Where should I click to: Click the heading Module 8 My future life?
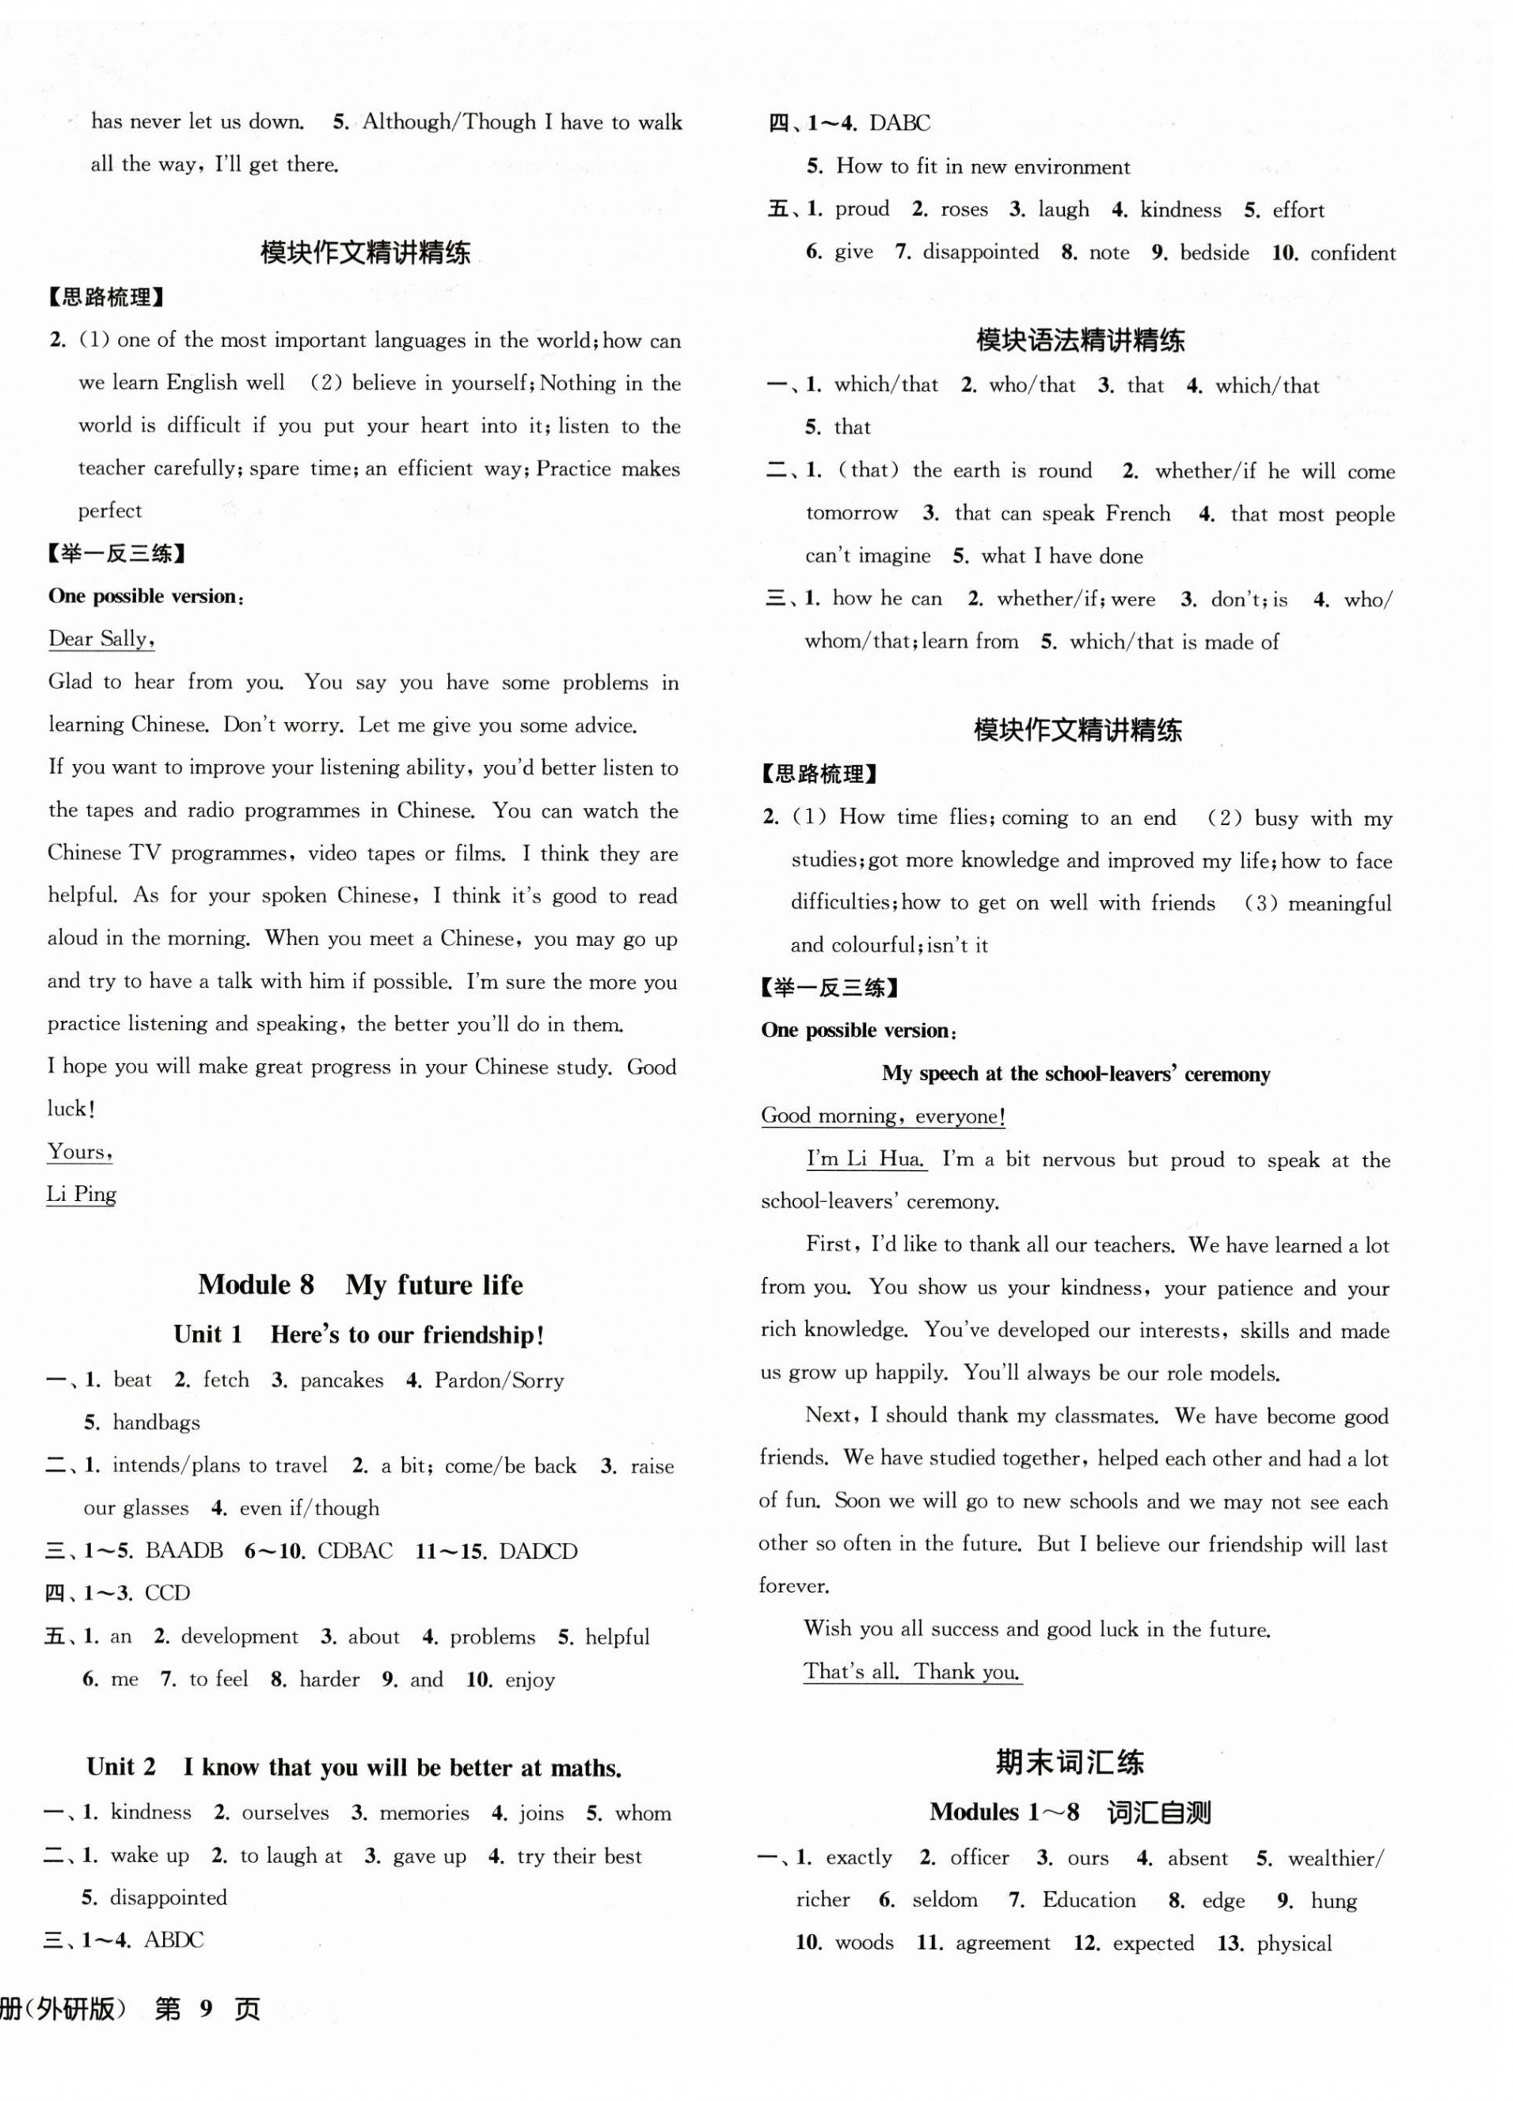click(359, 1285)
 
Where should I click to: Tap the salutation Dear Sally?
click(100, 638)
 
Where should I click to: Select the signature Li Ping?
click(82, 1194)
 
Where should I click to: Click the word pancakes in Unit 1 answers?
click(341, 1381)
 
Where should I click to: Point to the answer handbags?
click(156, 1422)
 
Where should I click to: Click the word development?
click(239, 1637)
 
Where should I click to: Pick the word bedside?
click(1214, 253)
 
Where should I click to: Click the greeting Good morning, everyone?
click(883, 1116)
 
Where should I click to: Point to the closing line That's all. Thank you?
click(912, 1672)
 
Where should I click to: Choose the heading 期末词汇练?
click(1069, 1762)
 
